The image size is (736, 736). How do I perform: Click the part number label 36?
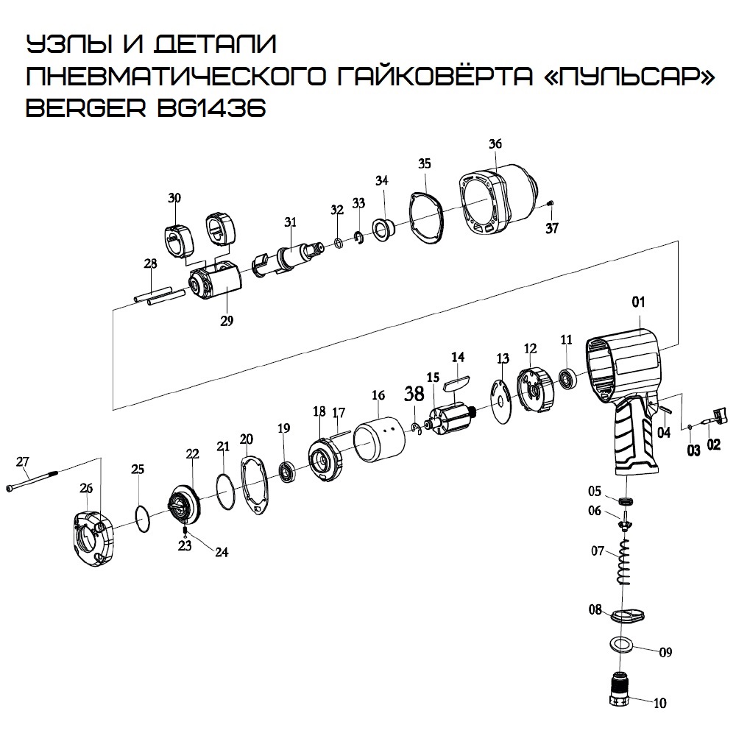point(495,144)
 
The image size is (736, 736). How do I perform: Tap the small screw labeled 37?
point(552,203)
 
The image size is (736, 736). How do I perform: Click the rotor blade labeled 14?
point(455,381)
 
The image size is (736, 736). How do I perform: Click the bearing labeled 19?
point(286,471)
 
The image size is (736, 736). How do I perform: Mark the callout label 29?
point(226,320)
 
